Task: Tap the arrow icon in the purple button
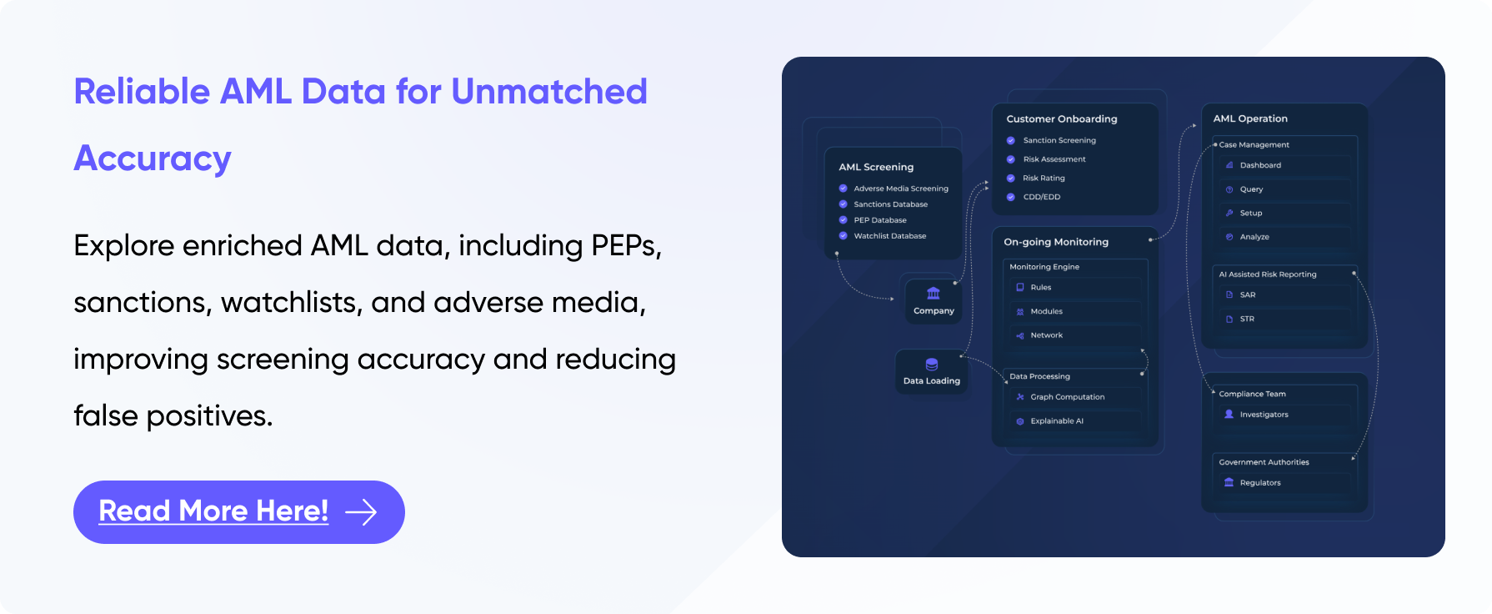361,512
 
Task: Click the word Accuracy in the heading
153,159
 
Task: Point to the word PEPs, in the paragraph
626,246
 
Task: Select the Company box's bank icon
934,294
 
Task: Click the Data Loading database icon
932,365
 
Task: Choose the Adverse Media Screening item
900,189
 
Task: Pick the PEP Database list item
879,220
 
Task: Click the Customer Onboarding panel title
1061,119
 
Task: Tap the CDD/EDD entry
1041,197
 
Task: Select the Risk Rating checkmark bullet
1011,179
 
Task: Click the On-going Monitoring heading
1056,242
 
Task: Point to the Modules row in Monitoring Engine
1046,311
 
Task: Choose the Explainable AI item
1056,421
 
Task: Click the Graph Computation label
1067,397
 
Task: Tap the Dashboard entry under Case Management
1259,165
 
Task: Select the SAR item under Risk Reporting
1247,295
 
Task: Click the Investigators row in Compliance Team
1264,415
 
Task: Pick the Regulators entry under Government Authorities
1259,483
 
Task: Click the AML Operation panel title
1249,118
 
